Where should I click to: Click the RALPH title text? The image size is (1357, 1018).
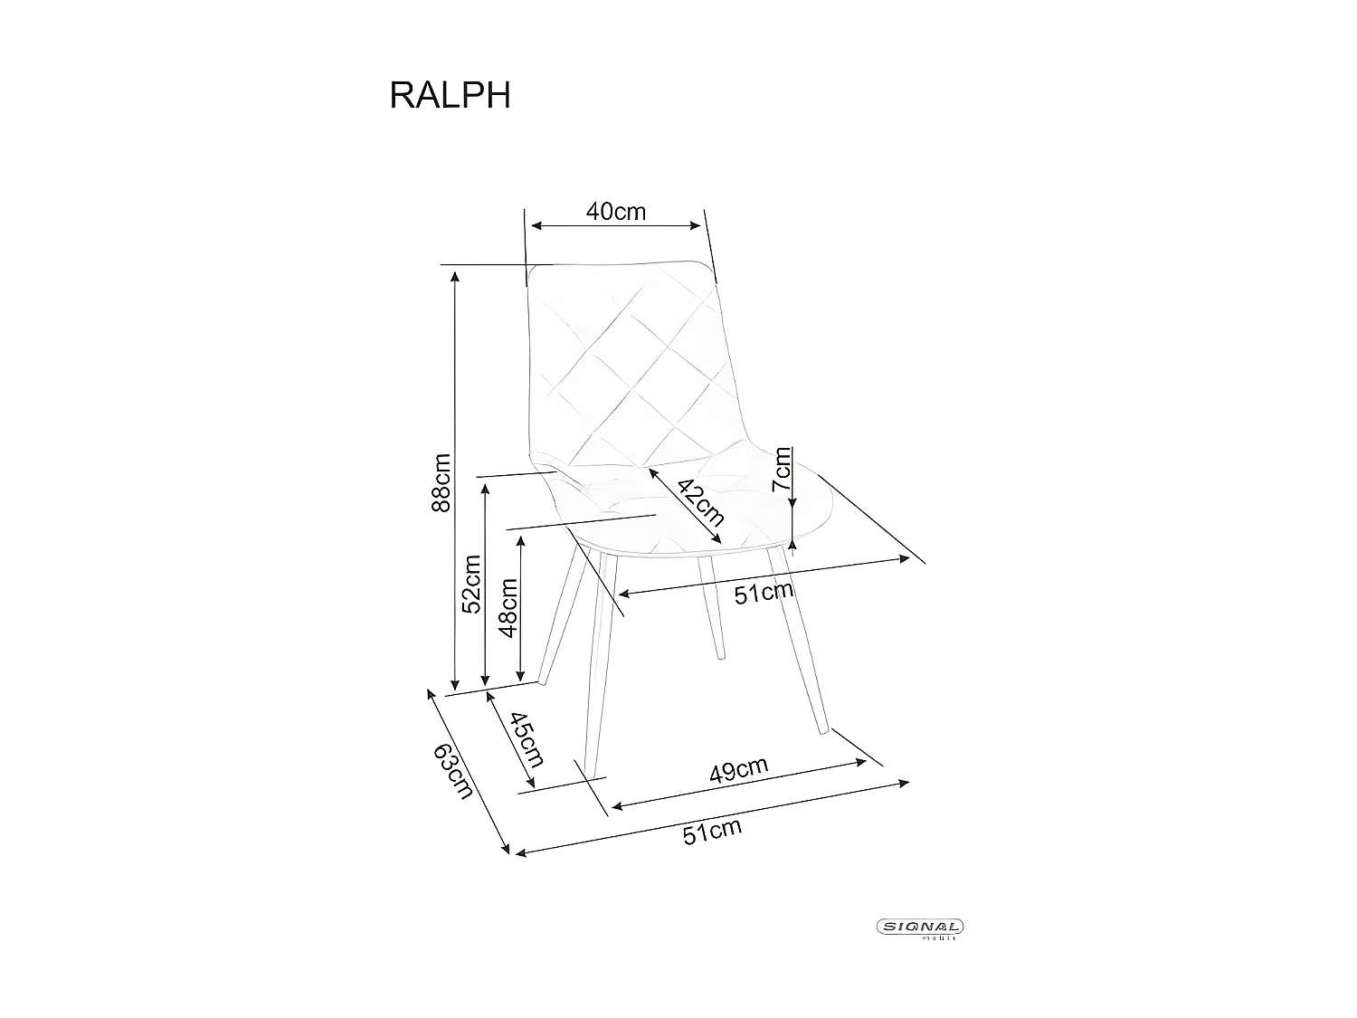(450, 95)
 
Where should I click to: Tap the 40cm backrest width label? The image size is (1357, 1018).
(616, 212)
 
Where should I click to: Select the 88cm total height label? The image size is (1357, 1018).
(441, 482)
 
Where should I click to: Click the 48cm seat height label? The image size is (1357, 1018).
(508, 607)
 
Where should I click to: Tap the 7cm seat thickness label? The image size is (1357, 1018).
(781, 469)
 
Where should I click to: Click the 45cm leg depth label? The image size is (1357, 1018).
(526, 739)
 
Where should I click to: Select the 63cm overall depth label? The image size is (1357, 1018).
(453, 770)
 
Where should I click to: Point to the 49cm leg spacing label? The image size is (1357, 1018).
(738, 771)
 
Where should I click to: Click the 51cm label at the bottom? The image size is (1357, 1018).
(711, 831)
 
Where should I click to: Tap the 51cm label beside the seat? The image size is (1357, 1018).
(763, 594)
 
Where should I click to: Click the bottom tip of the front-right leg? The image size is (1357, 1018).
(823, 731)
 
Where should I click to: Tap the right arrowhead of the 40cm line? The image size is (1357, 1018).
(698, 225)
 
